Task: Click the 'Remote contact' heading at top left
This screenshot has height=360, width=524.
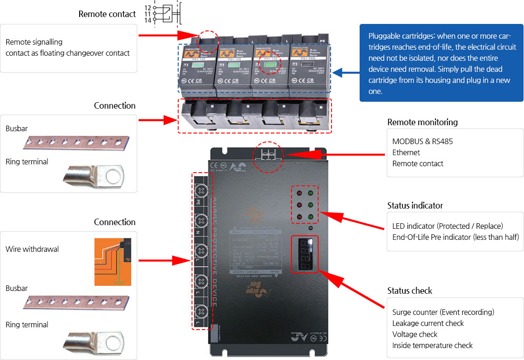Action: [x=107, y=14]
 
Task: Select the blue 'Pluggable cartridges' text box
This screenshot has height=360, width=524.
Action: [x=441, y=63]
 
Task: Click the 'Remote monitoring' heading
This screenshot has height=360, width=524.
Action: [x=422, y=122]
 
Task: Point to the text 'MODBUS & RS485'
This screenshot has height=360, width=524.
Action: [x=422, y=141]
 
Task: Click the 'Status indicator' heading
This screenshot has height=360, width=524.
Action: [x=415, y=205]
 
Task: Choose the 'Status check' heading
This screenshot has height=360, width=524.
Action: [x=410, y=290]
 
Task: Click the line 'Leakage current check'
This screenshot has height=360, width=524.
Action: [x=428, y=323]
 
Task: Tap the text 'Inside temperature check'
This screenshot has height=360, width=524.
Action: [x=432, y=345]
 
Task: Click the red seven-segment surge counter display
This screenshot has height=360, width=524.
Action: [x=304, y=255]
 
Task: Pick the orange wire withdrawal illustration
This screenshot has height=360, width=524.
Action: [x=112, y=262]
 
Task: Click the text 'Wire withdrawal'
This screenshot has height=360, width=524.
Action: [x=32, y=249]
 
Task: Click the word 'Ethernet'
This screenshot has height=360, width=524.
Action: [x=406, y=152]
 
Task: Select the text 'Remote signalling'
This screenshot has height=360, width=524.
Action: [x=34, y=42]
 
